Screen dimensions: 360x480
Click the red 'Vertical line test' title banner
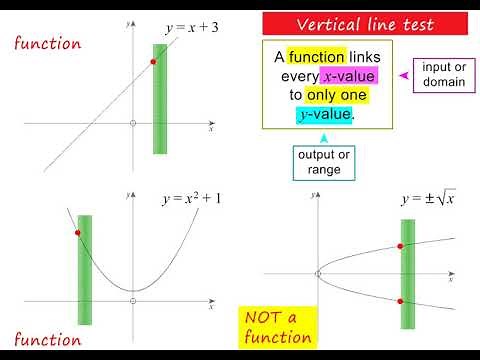pos(364,24)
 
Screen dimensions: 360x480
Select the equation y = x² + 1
pos(191,199)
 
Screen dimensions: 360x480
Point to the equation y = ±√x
pos(428,199)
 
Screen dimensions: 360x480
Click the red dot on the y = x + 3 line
pos(153,62)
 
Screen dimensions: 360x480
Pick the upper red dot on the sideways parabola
pos(401,247)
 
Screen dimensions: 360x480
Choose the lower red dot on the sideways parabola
pos(401,301)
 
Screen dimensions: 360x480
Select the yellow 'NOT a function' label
pos(278,327)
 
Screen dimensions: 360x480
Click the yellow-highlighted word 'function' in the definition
pos(316,58)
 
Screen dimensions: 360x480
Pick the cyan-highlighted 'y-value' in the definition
pos(322,115)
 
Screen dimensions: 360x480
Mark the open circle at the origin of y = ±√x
pos(318,273)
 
